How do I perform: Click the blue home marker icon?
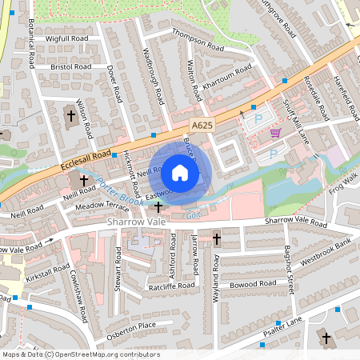[180, 172]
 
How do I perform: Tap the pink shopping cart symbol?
[276, 133]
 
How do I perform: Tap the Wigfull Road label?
[67, 38]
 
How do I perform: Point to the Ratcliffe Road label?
[171, 286]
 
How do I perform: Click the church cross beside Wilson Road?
[70, 116]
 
